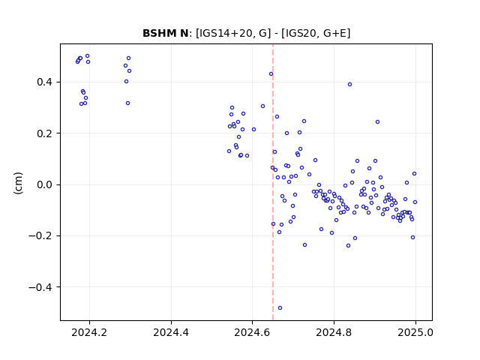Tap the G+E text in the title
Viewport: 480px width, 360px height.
(x=334, y=33)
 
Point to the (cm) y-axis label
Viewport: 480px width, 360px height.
(x=18, y=183)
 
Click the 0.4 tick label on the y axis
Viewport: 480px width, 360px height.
(x=45, y=82)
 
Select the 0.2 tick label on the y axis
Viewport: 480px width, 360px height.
(x=45, y=133)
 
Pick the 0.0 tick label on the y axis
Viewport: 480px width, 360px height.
(x=45, y=185)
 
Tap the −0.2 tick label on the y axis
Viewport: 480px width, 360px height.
(x=40, y=236)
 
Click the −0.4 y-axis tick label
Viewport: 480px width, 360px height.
(x=40, y=287)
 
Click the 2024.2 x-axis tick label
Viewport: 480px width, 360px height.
(x=89, y=332)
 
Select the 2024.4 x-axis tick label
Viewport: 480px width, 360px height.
(x=171, y=332)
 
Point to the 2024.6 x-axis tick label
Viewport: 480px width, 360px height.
(x=252, y=332)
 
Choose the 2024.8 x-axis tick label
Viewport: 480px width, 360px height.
(x=334, y=332)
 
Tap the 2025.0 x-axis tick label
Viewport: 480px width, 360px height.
(x=415, y=332)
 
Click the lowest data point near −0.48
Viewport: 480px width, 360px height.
(x=280, y=308)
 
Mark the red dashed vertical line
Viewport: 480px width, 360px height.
(x=273, y=182)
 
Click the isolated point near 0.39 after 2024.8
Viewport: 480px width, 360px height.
(x=349, y=85)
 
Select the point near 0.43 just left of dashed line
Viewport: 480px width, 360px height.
(x=271, y=74)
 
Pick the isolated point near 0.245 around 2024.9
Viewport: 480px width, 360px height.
(x=377, y=121)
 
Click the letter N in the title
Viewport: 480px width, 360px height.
(x=184, y=33)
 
